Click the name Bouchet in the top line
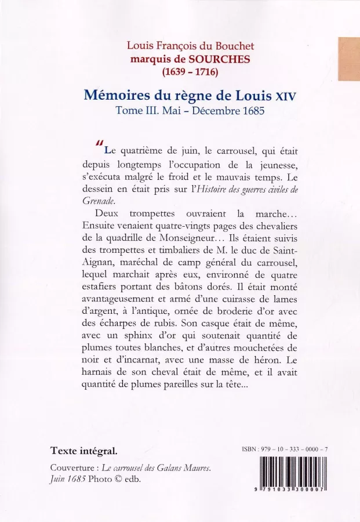[234, 45]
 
